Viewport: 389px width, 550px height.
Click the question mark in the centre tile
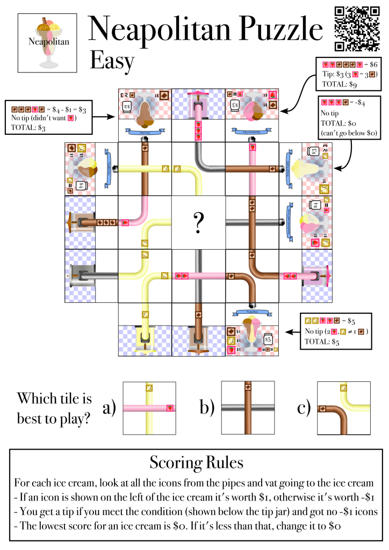point(198,221)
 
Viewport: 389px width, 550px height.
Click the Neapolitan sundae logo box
point(45,43)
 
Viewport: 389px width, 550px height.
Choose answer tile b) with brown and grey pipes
point(248,408)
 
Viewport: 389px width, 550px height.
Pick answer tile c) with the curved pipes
point(343,408)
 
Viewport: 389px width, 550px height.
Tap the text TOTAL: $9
point(340,84)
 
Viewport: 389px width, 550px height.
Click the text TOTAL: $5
point(318,341)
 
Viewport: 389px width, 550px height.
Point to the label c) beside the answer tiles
point(304,408)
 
